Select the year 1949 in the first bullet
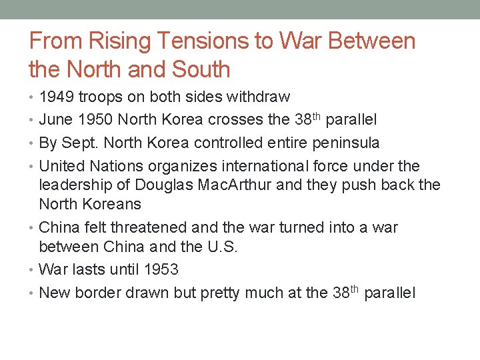pos(57,97)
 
